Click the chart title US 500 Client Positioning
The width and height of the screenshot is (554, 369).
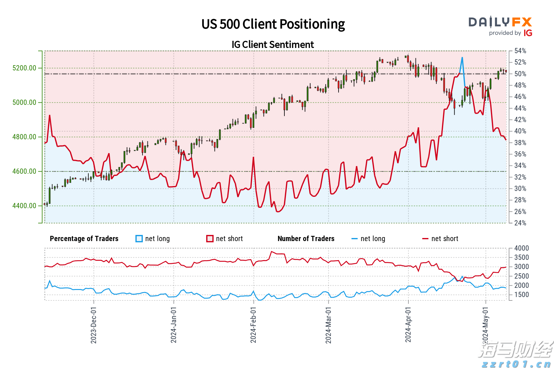coord(273,24)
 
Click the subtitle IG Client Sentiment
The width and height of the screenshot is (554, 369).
coord(273,45)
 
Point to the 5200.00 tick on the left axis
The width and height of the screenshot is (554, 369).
coord(24,68)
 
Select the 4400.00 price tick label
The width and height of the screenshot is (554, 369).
coord(24,206)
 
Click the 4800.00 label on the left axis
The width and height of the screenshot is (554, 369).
coord(24,137)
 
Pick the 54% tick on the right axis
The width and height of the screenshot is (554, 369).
coord(520,51)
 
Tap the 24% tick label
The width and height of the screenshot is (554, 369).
coord(520,223)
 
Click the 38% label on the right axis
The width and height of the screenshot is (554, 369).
coord(520,143)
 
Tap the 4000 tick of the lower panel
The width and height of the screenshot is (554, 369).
coord(521,248)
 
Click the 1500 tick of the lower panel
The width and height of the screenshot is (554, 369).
coord(521,295)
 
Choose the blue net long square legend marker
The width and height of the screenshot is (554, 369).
coord(139,239)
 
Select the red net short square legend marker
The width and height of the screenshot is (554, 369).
coord(210,239)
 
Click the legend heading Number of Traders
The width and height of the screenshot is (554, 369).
coord(306,239)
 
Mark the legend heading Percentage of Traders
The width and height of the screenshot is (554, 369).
coord(84,239)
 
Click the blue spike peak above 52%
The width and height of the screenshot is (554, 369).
coord(462,58)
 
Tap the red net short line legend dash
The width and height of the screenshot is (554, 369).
coord(425,239)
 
